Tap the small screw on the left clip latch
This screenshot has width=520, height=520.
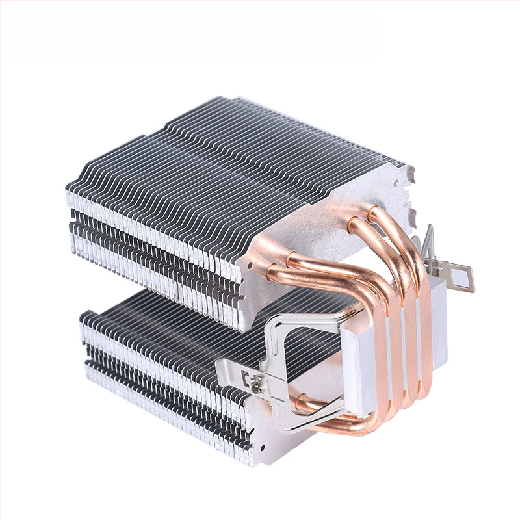(x=248, y=376)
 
